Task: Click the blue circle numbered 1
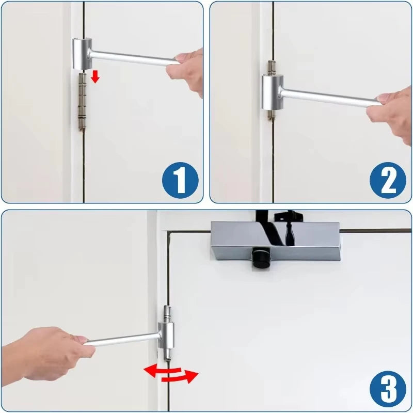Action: tap(180, 180)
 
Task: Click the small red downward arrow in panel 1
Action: tap(95, 77)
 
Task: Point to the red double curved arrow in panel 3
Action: tap(170, 373)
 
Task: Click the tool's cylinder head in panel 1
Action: tap(83, 53)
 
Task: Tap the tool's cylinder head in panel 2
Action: tap(272, 92)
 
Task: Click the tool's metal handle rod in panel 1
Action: tap(134, 58)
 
